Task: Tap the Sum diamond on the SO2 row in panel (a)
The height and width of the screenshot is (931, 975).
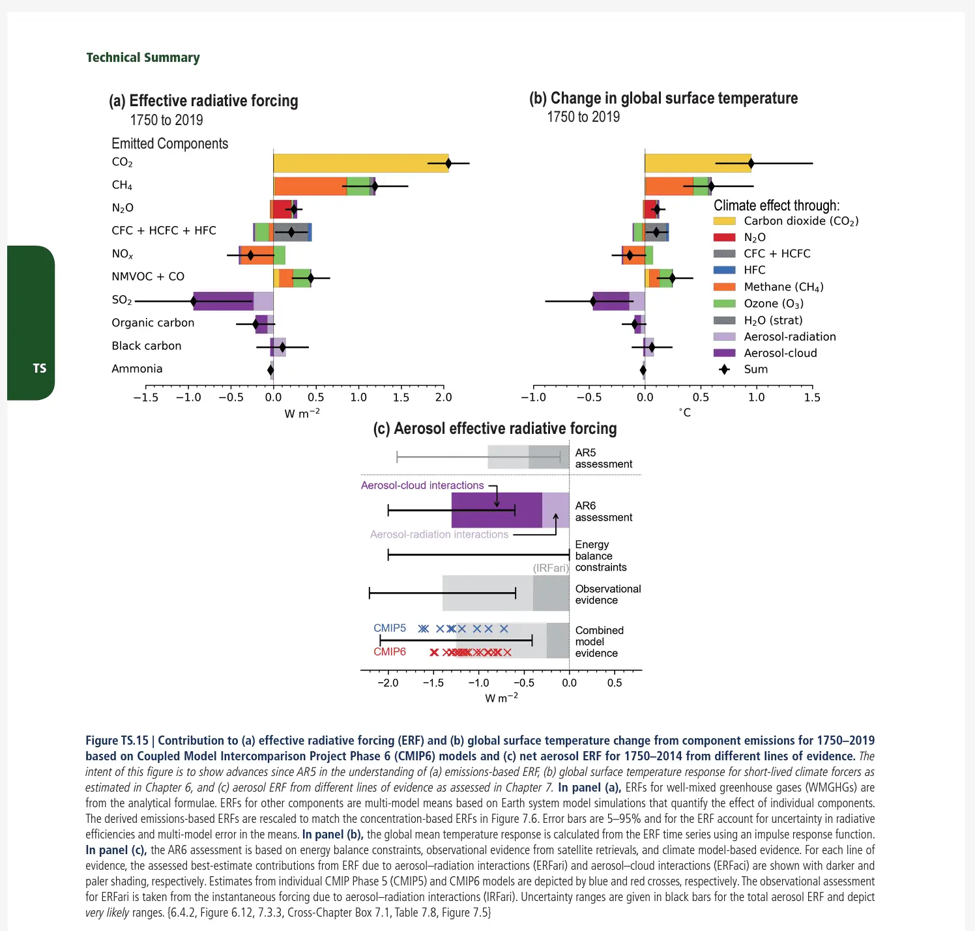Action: pyautogui.click(x=194, y=301)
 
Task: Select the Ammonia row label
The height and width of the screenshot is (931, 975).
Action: pyautogui.click(x=137, y=369)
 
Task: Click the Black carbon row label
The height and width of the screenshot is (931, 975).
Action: pyautogui.click(x=147, y=346)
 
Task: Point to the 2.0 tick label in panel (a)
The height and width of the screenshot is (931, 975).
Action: pyautogui.click(x=443, y=397)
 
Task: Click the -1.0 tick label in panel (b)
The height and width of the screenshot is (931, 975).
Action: pyautogui.click(x=533, y=397)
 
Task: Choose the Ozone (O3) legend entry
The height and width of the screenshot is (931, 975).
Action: pyautogui.click(x=773, y=304)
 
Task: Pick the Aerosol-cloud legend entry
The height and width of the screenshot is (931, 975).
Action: pyautogui.click(x=780, y=353)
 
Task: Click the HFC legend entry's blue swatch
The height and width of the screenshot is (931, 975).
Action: pyautogui.click(x=724, y=270)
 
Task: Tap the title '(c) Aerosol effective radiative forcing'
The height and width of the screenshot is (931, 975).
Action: pyautogui.click(x=495, y=429)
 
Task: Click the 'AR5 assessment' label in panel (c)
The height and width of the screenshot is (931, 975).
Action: pyautogui.click(x=603, y=458)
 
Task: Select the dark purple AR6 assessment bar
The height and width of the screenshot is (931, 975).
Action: pyautogui.click(x=496, y=510)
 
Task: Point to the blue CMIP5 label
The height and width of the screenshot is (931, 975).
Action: pyautogui.click(x=390, y=628)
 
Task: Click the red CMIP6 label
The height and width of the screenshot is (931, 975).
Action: pyautogui.click(x=390, y=652)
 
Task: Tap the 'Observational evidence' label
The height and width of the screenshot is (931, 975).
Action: pyautogui.click(x=607, y=594)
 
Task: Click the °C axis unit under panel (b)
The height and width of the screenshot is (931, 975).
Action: pyautogui.click(x=685, y=413)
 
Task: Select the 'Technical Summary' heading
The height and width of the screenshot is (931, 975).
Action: pyautogui.click(x=143, y=57)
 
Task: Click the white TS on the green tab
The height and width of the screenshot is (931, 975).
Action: pyautogui.click(x=40, y=368)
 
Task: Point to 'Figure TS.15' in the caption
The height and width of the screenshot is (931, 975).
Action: pyautogui.click(x=117, y=741)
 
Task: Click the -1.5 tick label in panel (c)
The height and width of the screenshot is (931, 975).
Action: pyautogui.click(x=433, y=683)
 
